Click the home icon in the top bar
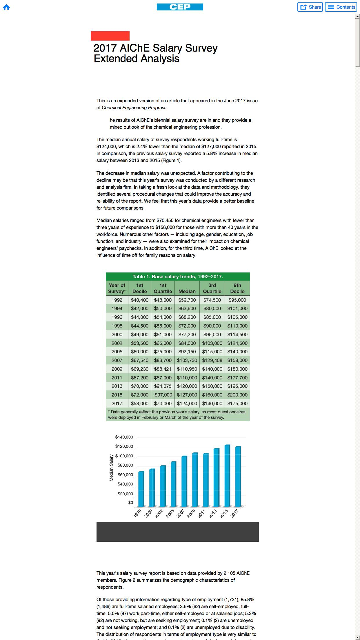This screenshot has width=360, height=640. click(x=6, y=7)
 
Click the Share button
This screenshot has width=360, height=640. click(x=310, y=7)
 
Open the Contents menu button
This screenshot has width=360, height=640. click(x=342, y=7)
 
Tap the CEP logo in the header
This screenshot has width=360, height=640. click(x=180, y=7)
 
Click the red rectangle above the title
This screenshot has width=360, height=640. click(x=110, y=36)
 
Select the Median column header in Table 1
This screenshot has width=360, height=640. click(x=187, y=291)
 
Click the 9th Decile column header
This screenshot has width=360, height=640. click(x=237, y=288)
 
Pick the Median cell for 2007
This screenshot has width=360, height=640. click(x=187, y=360)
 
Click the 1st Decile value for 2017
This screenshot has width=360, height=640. click(x=139, y=403)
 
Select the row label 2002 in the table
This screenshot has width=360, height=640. click(x=117, y=343)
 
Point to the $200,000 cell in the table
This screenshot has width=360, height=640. click(x=237, y=395)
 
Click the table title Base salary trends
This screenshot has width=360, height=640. click(x=178, y=277)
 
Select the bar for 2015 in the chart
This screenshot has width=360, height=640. click(x=227, y=475)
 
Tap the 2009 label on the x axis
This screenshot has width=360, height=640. click(x=191, y=513)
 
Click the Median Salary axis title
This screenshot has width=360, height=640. click(x=111, y=468)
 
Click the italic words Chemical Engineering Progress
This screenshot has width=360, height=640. click(x=134, y=108)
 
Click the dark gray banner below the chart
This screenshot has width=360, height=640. click(x=177, y=532)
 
